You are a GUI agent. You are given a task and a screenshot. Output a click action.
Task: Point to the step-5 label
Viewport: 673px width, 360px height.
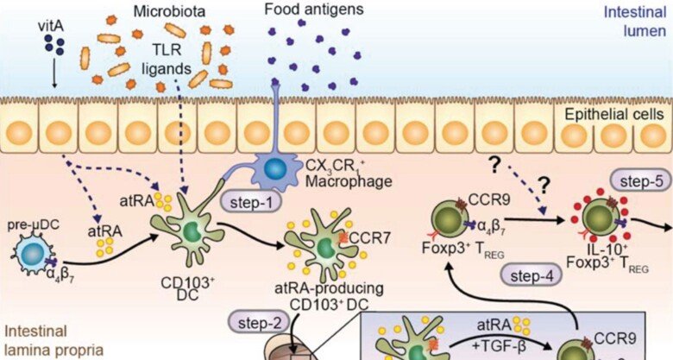tap(639, 181)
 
